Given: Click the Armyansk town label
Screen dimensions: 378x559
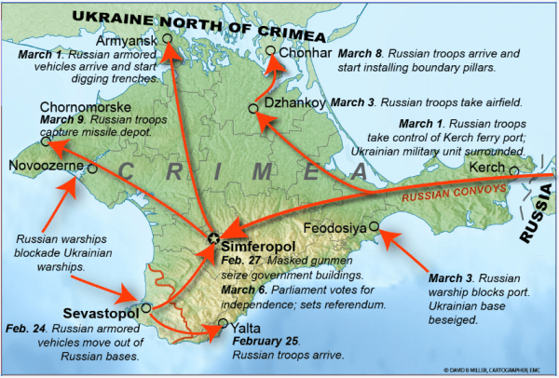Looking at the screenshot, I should [127, 42].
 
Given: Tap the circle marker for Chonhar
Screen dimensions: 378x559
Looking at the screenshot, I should [271, 51].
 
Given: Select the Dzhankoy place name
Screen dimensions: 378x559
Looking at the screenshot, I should [295, 101].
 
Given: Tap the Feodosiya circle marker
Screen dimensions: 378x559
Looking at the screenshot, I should [374, 226].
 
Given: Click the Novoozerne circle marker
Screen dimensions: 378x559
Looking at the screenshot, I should [92, 169].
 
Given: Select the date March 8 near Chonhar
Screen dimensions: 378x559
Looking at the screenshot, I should [359, 54].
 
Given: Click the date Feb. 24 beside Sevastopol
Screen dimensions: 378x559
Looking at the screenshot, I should [26, 329].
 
